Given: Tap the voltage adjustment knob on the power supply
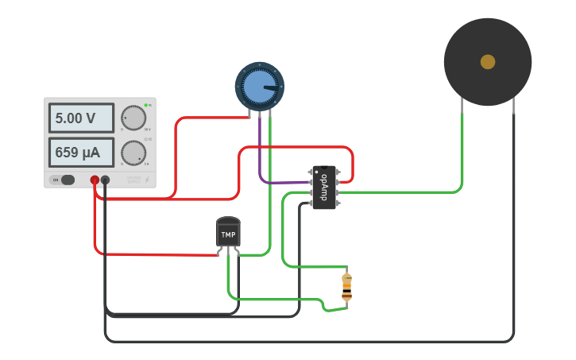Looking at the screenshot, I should click(134, 118).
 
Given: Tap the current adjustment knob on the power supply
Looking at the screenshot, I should click(134, 152).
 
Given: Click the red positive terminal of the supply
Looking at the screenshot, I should click(95, 180).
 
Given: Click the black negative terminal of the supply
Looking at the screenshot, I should click(105, 180).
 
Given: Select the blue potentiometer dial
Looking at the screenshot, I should click(259, 86).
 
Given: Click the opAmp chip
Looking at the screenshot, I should click(323, 188).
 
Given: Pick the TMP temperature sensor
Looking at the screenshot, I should click(228, 234).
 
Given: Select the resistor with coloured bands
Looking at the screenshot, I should click(346, 286).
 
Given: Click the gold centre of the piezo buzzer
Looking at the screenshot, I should click(488, 62).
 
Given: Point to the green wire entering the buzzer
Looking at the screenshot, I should click(462, 151).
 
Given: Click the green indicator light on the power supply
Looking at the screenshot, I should click(146, 105).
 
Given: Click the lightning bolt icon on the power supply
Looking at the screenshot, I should click(146, 180).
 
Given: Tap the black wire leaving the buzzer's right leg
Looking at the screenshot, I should click(513, 238).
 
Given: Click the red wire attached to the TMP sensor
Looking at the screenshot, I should click(159, 254).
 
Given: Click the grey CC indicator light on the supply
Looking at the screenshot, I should click(146, 139).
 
